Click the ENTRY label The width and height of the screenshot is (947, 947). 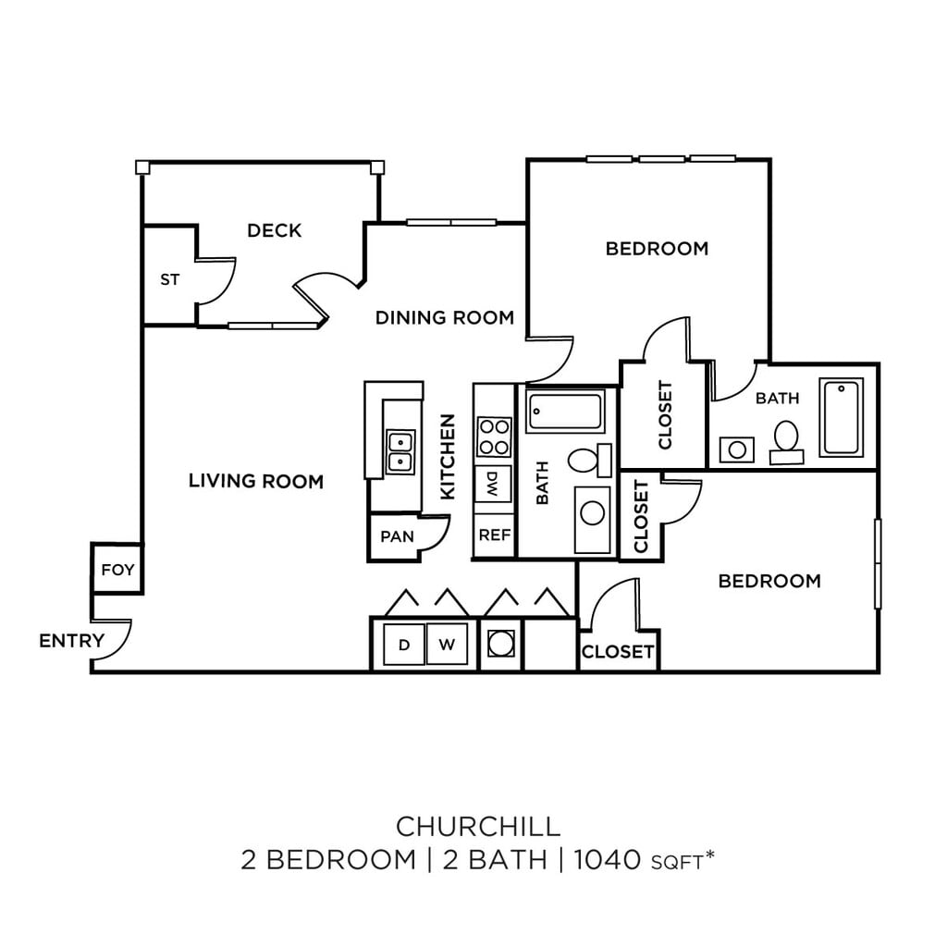71,641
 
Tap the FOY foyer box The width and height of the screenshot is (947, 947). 117,570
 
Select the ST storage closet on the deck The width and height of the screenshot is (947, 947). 169,279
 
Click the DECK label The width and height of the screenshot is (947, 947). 275,230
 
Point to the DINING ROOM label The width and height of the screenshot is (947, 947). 444,318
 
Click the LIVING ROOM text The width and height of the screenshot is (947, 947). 256,481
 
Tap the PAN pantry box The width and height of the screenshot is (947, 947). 397,536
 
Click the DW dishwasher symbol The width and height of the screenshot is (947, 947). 493,481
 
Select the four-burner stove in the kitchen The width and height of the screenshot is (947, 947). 494,437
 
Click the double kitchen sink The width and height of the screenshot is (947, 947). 400,450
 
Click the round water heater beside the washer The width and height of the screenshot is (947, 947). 501,643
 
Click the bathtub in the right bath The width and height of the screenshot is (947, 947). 841,417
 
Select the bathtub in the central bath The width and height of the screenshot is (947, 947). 565,412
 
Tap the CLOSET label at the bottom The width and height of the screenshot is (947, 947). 618,652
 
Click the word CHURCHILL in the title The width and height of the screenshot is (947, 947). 478,824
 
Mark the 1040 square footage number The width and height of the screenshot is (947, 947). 608,860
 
